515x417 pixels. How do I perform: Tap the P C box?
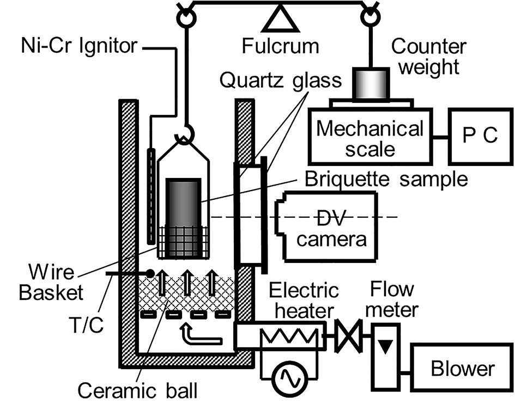coord(481,136)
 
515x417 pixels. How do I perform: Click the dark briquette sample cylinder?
coord(183,218)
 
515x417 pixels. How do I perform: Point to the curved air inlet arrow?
coord(199,335)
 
